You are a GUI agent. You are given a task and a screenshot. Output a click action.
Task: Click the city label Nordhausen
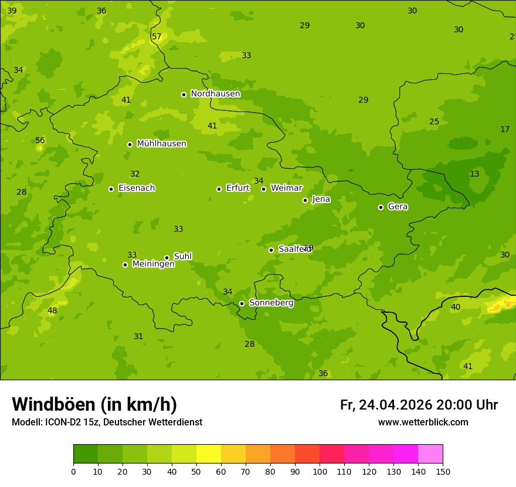(215, 94)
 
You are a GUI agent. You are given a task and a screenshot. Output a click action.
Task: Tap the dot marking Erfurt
(219, 189)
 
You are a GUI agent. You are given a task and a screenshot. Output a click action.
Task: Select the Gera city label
(398, 207)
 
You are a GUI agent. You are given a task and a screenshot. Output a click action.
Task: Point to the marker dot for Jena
(305, 200)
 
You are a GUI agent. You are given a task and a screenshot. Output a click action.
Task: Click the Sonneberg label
(271, 303)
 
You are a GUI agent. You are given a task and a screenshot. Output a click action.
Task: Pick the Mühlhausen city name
(161, 144)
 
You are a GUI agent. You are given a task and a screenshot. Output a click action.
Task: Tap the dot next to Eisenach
(111, 189)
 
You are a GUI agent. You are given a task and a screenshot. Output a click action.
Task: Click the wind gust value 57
(157, 37)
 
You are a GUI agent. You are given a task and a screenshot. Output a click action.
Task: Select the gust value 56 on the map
(40, 141)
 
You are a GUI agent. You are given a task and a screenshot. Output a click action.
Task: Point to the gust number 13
(474, 174)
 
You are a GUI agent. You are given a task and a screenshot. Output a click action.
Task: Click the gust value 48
(52, 311)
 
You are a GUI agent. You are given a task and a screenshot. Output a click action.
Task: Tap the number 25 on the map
(434, 122)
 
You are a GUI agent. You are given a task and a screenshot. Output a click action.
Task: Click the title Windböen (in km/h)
(94, 404)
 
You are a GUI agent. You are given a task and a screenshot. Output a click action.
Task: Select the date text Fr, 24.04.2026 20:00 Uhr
(419, 405)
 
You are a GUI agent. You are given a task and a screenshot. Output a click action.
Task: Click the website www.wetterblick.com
(423, 422)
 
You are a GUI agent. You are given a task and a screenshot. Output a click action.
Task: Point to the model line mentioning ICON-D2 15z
(107, 422)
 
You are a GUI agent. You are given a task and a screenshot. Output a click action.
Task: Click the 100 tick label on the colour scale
(320, 471)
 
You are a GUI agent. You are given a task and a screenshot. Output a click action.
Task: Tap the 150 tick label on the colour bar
(443, 471)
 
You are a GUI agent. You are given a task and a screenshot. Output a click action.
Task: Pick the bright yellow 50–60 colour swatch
(209, 454)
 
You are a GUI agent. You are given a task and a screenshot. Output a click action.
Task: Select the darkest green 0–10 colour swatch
(86, 454)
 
